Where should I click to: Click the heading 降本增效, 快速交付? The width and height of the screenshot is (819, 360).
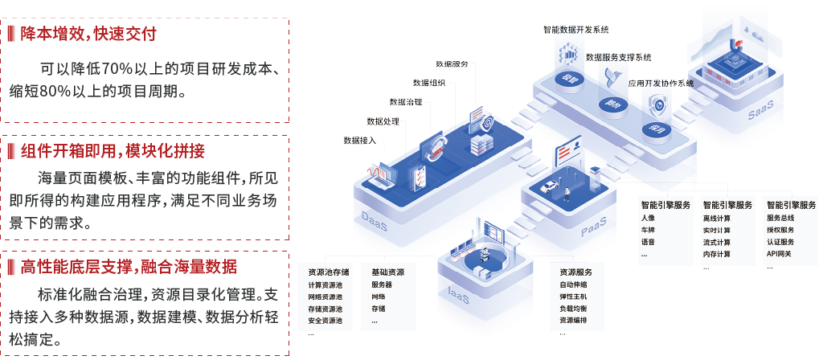tap(88, 35)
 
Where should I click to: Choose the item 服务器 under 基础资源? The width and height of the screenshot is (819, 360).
tap(382, 285)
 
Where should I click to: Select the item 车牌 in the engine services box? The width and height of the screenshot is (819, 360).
tap(648, 230)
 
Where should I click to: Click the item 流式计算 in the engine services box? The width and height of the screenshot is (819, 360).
tap(716, 242)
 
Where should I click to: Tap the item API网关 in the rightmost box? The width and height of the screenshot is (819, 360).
tap(779, 254)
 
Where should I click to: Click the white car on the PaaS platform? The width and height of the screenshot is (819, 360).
tap(549, 187)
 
